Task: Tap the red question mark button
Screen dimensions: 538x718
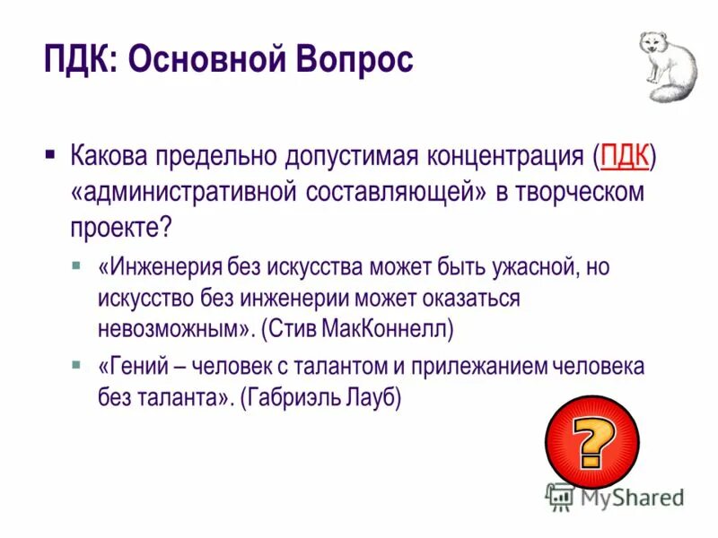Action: [x=592, y=439]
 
